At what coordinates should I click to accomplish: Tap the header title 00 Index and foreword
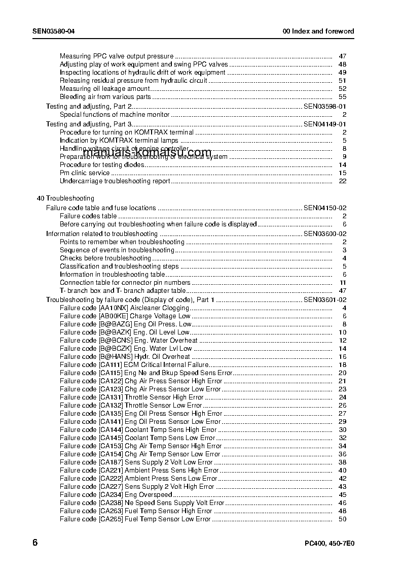[x=318, y=31]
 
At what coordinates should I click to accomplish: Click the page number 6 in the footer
[x=35, y=543]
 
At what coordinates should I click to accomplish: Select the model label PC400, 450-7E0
[x=329, y=544]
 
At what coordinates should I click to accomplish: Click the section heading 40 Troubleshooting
[x=65, y=198]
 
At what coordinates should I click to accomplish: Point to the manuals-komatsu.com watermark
[x=147, y=153]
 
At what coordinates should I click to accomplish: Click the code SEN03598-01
[x=324, y=107]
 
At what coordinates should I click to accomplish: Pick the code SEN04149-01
[x=324, y=124]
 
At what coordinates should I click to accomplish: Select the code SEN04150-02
[x=324, y=208]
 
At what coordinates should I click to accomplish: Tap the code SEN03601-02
[x=324, y=300]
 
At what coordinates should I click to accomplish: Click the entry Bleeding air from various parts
[x=105, y=96]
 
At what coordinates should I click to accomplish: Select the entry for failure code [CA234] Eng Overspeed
[x=116, y=495]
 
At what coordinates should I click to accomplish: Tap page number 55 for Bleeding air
[x=342, y=96]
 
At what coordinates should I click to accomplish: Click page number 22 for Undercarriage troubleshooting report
[x=342, y=181]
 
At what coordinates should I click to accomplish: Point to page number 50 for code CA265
[x=342, y=519]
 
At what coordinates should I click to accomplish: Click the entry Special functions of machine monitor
[x=115, y=115]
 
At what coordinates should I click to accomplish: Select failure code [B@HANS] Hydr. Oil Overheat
[x=125, y=357]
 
